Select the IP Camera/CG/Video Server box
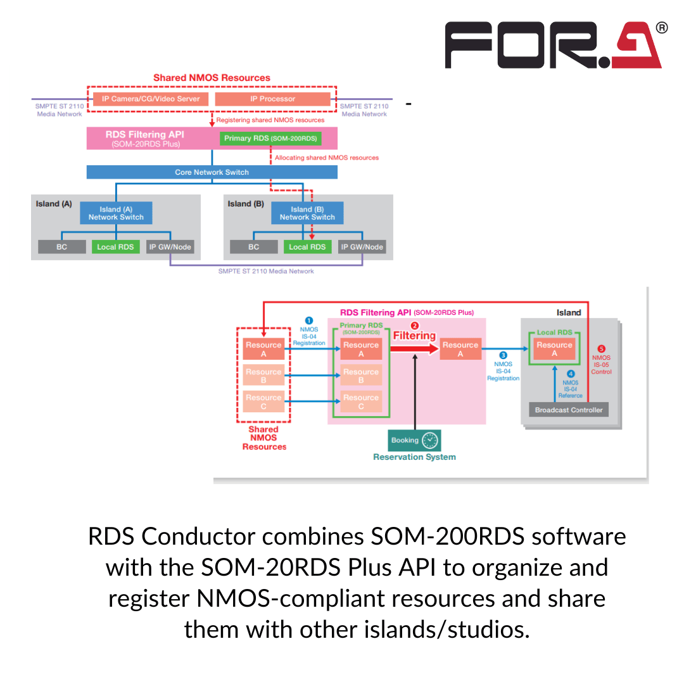(x=151, y=99)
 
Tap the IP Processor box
(x=272, y=99)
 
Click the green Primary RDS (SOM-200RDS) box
(x=270, y=138)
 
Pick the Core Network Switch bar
(x=212, y=172)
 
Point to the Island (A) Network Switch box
(x=116, y=213)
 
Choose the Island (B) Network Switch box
(x=307, y=213)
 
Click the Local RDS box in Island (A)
(x=115, y=246)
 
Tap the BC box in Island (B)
(x=253, y=246)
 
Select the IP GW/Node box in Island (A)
(x=170, y=246)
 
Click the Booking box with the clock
(x=414, y=440)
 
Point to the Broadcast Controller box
(x=569, y=410)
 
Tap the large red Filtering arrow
(x=414, y=348)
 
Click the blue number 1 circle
(x=309, y=321)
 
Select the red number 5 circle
(x=601, y=348)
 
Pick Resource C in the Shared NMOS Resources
(x=263, y=402)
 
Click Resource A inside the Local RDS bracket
(x=554, y=349)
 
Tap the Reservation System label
(x=414, y=457)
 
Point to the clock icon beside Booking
(x=430, y=440)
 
